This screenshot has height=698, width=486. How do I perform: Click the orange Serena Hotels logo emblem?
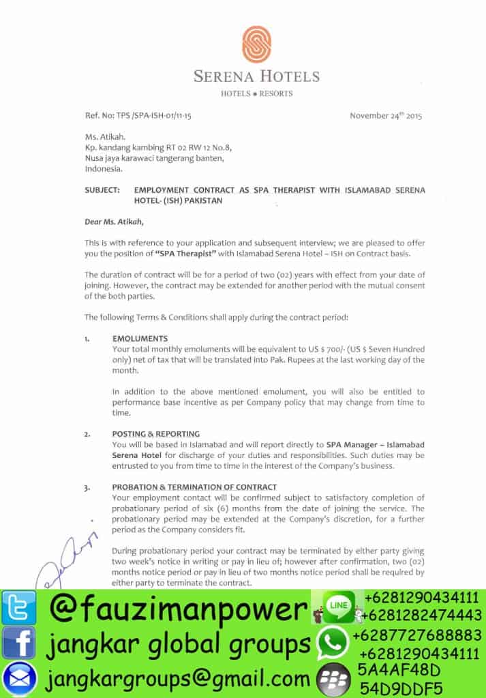click(256, 44)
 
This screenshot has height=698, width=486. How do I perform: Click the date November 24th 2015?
click(386, 115)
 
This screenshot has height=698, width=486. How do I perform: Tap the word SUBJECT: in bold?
click(102, 190)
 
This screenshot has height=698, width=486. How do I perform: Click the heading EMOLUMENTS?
click(140, 339)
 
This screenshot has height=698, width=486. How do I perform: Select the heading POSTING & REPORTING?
click(156, 434)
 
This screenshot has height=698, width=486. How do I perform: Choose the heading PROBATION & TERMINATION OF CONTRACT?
click(194, 487)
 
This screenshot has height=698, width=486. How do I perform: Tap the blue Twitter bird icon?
click(18, 608)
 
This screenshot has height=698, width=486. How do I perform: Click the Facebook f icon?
click(18, 643)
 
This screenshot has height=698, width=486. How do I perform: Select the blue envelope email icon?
click(18, 679)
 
